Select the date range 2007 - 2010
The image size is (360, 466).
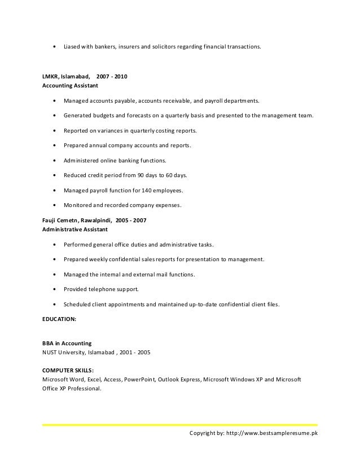112,76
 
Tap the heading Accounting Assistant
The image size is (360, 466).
70,86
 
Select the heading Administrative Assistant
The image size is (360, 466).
76,230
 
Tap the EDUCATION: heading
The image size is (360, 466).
59,318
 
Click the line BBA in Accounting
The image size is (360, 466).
67,343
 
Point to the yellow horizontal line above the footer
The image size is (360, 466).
180,425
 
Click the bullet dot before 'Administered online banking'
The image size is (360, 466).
54,160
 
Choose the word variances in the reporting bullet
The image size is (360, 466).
109,130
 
